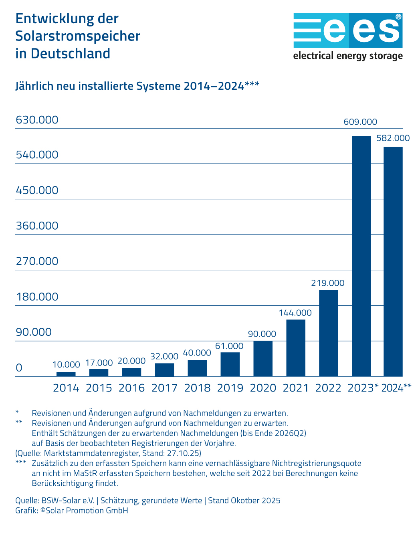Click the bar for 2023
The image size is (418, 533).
[361, 256]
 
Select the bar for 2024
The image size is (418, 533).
[393, 262]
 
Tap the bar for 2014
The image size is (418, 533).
[66, 374]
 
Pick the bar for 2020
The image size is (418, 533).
[263, 359]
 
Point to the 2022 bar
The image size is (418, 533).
[328, 333]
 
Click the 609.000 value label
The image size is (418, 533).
[360, 122]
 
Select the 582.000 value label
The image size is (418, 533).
[393, 138]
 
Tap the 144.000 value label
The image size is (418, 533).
[295, 313]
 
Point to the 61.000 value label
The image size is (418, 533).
[229, 346]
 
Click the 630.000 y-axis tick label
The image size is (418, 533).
[37, 120]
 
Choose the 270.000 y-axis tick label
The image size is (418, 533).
[37, 261]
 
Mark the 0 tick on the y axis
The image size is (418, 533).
[19, 368]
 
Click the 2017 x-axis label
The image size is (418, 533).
[164, 388]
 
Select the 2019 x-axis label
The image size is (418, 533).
[230, 388]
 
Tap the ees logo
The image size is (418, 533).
[347, 30]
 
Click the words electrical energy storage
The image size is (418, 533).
[347, 56]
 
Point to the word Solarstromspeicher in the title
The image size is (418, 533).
[78, 36]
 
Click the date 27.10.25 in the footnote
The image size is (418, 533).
[183, 453]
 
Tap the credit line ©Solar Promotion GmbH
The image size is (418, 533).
[84, 511]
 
